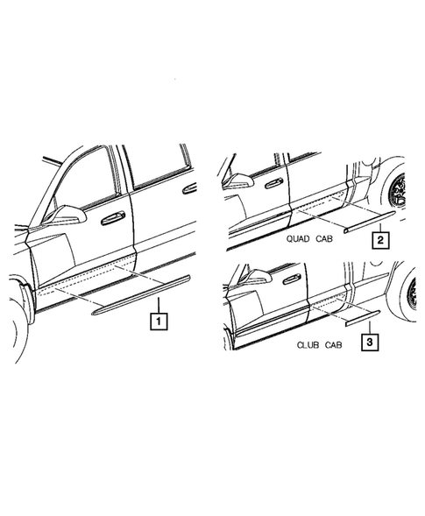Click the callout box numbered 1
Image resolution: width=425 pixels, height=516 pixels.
(158, 321)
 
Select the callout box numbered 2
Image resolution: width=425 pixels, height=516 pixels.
(380, 239)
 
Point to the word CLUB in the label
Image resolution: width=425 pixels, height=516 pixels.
(301, 346)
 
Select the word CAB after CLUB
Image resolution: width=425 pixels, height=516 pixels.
(330, 346)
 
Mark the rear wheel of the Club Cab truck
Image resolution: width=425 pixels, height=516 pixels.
(412, 293)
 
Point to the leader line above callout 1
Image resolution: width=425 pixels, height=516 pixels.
(158, 305)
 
